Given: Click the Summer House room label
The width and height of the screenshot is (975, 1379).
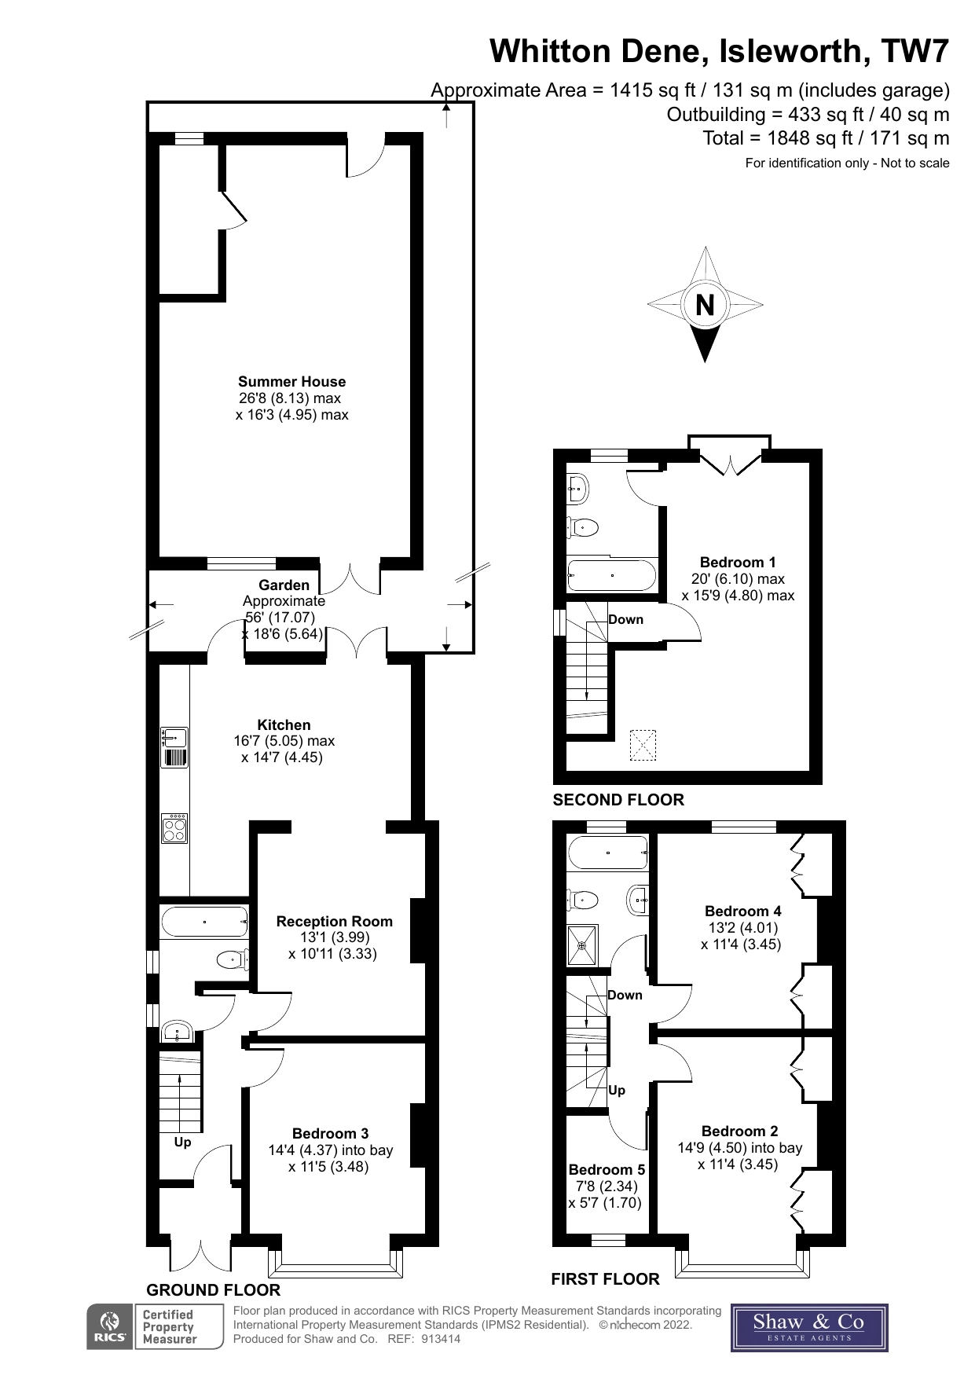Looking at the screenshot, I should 291,382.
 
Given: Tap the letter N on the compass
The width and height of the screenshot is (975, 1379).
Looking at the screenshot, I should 705,304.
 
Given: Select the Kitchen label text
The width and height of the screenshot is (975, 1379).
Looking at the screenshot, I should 284,724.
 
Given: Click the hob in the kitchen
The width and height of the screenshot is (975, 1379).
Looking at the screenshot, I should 174,828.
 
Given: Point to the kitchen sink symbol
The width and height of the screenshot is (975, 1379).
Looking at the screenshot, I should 174,738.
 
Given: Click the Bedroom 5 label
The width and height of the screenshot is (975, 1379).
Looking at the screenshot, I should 607,1169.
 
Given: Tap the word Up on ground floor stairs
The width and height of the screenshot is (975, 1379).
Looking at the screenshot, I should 182,1142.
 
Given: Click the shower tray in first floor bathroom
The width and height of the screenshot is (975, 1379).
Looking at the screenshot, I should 582,944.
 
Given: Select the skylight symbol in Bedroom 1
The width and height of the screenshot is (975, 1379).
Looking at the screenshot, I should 643,745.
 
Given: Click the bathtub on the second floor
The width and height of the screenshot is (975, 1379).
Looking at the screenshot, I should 611,575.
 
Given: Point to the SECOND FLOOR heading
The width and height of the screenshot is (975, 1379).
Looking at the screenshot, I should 618,800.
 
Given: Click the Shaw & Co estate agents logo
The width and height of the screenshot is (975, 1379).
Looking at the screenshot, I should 808,1327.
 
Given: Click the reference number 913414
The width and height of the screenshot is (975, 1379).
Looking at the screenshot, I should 441,1339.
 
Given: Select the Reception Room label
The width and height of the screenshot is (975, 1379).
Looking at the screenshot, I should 334,921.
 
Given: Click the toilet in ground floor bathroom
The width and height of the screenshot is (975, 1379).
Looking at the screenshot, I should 232,959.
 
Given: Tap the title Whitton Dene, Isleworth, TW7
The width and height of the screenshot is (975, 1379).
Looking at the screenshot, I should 719,51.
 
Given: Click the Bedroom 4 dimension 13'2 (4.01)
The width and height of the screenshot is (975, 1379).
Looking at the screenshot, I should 742,927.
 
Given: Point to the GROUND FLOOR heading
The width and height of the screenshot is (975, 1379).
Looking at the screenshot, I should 213,1290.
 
